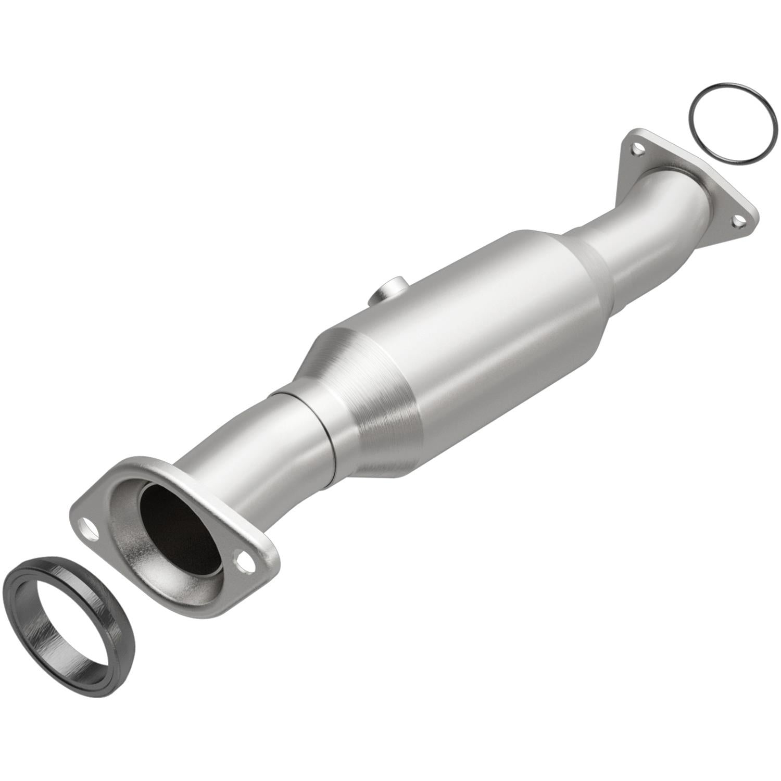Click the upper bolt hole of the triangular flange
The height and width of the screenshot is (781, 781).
point(636,150)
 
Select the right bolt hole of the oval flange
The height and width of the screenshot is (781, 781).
point(244,561)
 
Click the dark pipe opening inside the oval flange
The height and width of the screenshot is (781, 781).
point(180,526)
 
